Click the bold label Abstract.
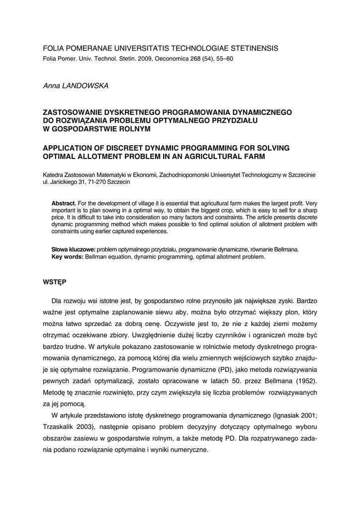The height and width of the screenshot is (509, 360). [64, 204]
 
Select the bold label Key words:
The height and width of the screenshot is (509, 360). [68, 257]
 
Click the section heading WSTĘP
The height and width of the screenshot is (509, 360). [55, 282]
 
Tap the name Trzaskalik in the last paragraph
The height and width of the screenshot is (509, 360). [61, 427]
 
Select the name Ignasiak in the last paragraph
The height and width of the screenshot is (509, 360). [282, 416]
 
